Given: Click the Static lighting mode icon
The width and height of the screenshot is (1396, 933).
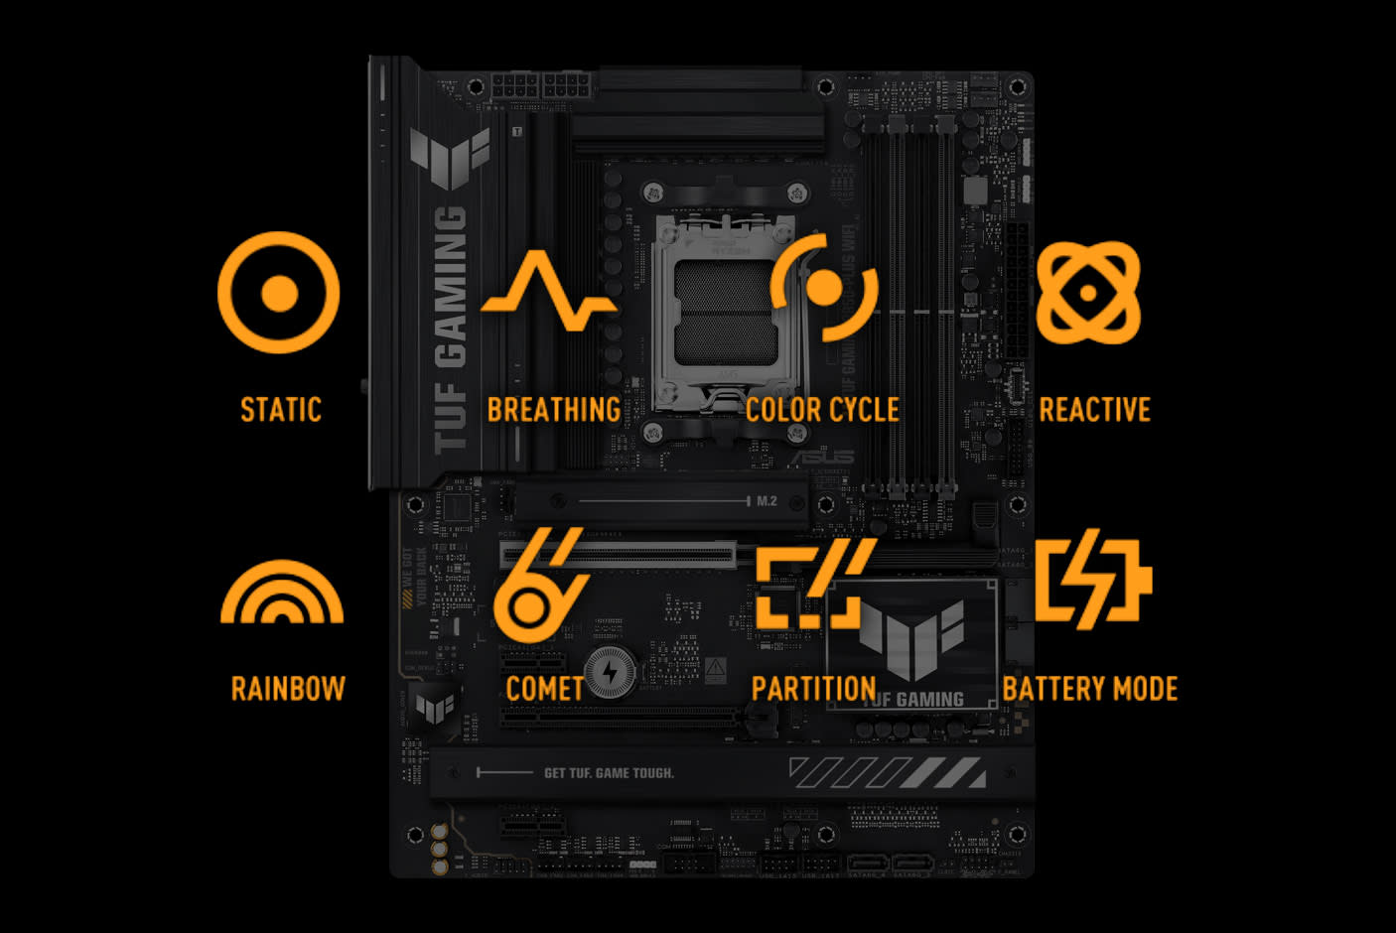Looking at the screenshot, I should [x=279, y=293].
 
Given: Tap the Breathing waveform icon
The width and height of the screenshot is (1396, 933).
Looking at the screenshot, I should [x=548, y=292].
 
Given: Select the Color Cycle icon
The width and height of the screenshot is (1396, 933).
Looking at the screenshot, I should [x=824, y=288].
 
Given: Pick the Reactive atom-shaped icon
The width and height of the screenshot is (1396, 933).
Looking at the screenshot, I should [x=1088, y=293].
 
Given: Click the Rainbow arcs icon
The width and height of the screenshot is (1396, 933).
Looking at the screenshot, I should [x=282, y=594].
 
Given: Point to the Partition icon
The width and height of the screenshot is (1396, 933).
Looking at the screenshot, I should [x=814, y=585].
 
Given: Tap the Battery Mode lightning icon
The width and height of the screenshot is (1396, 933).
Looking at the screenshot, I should [x=1092, y=579].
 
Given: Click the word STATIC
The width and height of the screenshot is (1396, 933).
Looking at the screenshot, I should [x=281, y=410].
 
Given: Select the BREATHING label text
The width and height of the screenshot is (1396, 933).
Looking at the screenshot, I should [x=553, y=410].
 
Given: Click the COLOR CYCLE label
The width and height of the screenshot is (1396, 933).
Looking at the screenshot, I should [x=822, y=410].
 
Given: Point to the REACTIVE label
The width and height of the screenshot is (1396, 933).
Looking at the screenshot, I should [x=1094, y=410].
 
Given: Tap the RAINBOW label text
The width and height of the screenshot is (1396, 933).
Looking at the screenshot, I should [x=288, y=689].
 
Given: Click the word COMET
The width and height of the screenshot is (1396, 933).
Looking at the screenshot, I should [x=544, y=689].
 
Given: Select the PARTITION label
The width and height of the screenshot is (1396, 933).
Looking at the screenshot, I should [x=813, y=689].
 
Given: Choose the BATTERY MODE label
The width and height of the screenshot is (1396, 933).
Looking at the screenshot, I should [x=1089, y=689].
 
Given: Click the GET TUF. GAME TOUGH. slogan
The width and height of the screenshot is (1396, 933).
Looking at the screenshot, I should [x=609, y=773].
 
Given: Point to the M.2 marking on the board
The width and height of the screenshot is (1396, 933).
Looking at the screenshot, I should [x=767, y=501].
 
